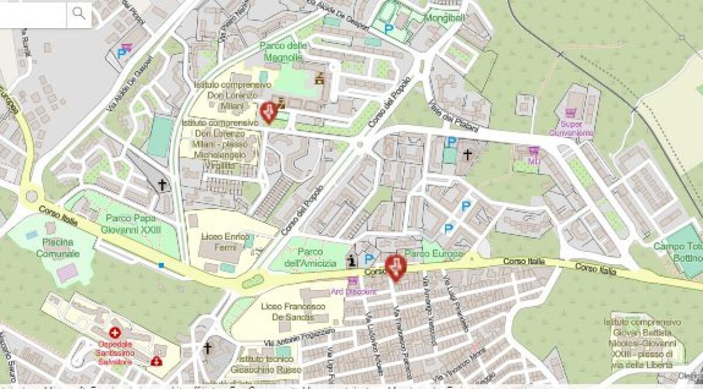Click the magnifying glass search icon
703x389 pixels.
79,13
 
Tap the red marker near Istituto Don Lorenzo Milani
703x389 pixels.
268,111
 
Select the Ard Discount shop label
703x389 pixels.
353,291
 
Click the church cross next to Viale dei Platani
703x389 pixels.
467,155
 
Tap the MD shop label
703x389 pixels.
534,160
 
